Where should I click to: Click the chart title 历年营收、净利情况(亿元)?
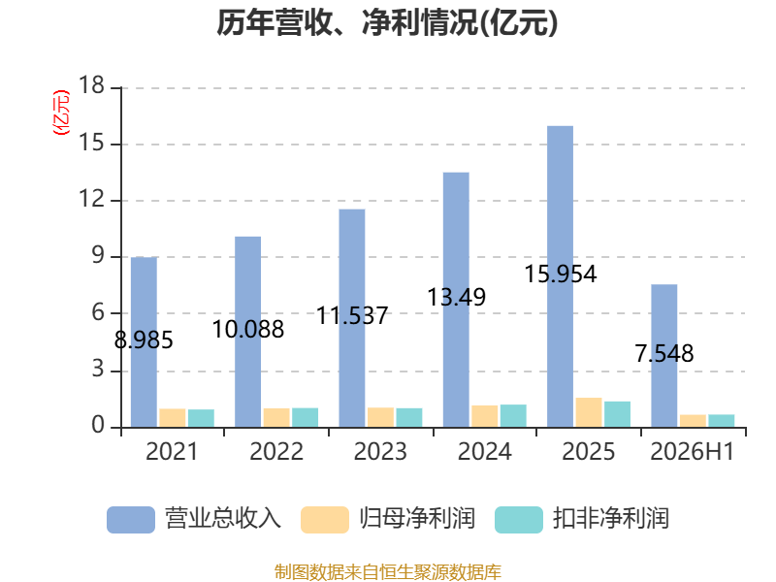point(387,22)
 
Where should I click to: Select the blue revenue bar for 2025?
point(561,276)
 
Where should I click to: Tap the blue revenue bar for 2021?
point(144,342)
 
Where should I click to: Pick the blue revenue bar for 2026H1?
point(664,355)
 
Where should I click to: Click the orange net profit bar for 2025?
point(589,412)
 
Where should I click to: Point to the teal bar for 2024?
point(513,416)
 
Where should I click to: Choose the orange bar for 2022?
point(276,418)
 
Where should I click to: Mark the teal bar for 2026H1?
point(722,421)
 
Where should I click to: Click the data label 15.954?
point(561,275)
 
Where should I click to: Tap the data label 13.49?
point(456,297)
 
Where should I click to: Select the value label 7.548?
point(664,353)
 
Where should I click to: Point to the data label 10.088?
point(248,330)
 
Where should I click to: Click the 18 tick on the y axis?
point(91,85)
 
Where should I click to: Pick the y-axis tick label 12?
point(91,200)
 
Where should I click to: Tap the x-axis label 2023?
point(380,451)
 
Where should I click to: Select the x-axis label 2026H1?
point(693,451)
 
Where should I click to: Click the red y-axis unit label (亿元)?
point(61,113)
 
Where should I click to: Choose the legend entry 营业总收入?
point(194,519)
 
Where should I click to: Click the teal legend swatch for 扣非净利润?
point(519,520)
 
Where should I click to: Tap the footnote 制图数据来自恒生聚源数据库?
point(388,572)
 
